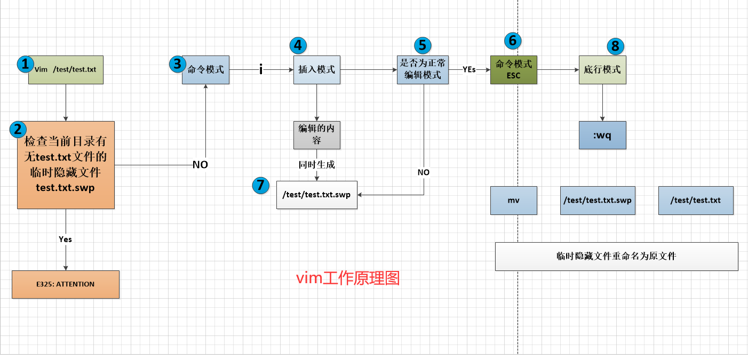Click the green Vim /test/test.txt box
(66, 69)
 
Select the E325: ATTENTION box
(66, 284)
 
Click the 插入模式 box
(317, 69)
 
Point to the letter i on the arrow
(261, 69)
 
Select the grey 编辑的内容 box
(317, 135)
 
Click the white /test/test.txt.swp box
(317, 195)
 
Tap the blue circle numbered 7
(260, 185)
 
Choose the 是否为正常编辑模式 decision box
(423, 69)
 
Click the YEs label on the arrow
(469, 69)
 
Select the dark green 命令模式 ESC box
(514, 69)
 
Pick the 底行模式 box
(602, 69)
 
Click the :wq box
(602, 135)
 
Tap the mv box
(514, 201)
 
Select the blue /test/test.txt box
(696, 201)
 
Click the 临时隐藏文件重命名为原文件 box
(616, 257)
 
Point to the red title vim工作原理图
(348, 278)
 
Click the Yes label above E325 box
(66, 239)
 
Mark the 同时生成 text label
(317, 164)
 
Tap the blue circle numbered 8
(615, 46)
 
